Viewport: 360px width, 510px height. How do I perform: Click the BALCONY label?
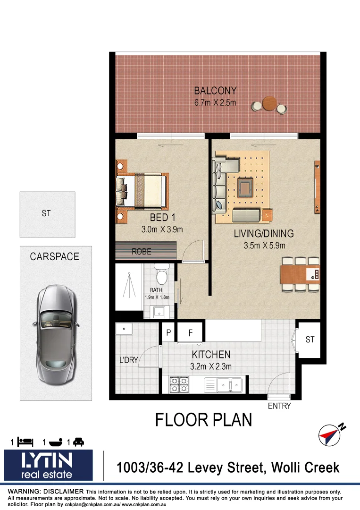(215, 91)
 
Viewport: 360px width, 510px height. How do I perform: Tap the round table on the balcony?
(269, 103)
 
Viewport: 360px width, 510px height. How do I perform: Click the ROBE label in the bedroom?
(142, 252)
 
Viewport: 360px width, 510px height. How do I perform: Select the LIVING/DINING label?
(264, 233)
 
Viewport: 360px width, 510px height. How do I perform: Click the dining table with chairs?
(300, 274)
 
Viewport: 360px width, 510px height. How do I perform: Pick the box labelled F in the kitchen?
(191, 332)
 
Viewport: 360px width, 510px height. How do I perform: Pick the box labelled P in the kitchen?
(168, 332)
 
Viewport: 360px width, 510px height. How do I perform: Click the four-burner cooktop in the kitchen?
(179, 384)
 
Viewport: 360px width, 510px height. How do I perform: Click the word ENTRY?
(279, 406)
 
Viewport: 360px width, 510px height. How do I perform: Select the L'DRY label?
(128, 360)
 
